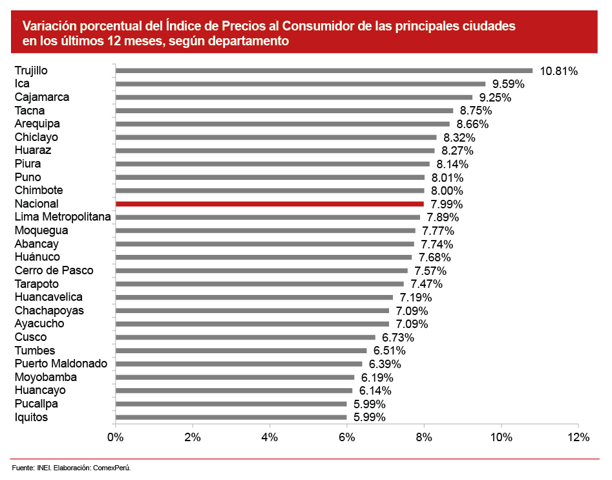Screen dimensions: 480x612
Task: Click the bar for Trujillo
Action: [x=323, y=71]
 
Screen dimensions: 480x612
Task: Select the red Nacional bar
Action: [x=269, y=204]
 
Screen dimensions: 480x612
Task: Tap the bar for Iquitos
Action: [x=231, y=417]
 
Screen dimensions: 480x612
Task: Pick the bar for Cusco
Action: [x=245, y=337]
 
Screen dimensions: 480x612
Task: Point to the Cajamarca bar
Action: [x=293, y=97]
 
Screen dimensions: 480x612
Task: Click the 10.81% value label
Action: [x=558, y=71]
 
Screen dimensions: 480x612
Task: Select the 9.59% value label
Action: [x=508, y=84]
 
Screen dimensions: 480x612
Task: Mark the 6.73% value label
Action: [x=398, y=338]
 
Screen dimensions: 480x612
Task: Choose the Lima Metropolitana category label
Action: [x=63, y=217]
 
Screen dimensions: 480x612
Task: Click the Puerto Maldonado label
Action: [x=61, y=364]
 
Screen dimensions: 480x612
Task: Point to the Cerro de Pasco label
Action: [x=54, y=270]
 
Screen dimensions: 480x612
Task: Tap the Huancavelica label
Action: [x=48, y=297]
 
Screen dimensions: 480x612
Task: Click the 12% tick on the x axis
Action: [x=578, y=437]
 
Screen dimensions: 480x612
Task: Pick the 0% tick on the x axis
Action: [x=115, y=437]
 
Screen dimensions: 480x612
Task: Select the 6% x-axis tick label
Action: [x=347, y=437]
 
